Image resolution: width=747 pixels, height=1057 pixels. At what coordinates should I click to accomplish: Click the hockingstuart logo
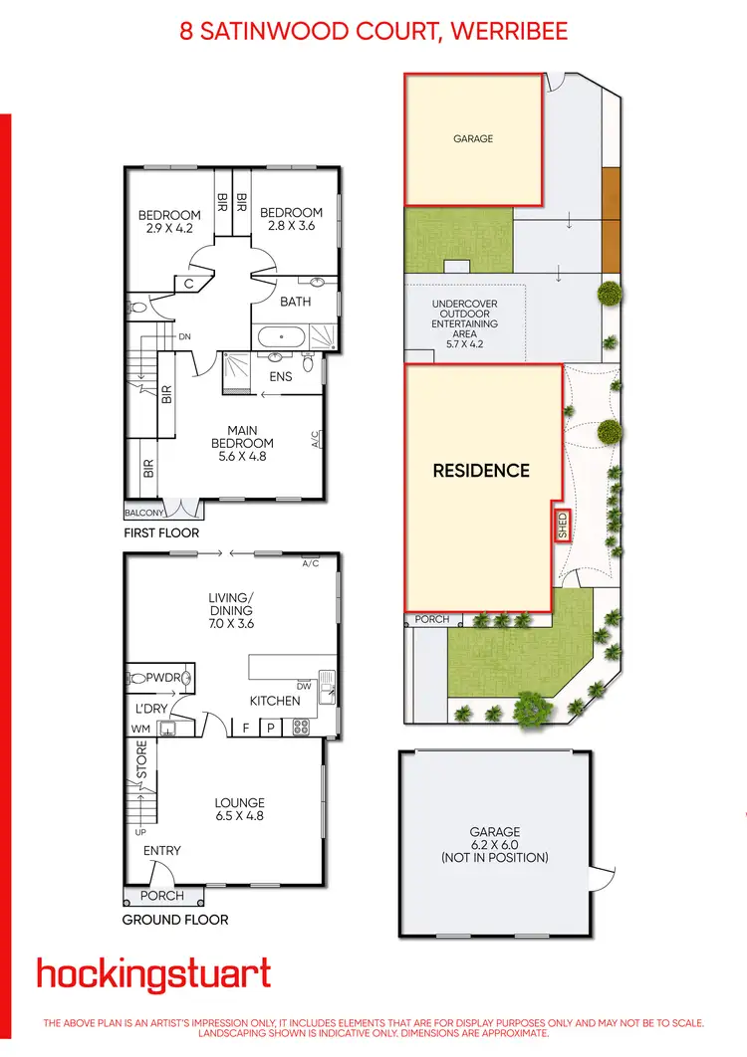(153, 974)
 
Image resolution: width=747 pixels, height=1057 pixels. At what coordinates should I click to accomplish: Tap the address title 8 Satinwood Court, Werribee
(373, 31)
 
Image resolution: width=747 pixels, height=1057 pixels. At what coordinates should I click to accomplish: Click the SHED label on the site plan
(563, 523)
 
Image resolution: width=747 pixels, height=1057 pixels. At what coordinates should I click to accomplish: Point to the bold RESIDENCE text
(481, 471)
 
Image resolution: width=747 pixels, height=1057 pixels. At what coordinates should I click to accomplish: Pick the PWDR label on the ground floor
(162, 678)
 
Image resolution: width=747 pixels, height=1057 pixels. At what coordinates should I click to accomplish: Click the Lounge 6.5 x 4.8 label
(240, 809)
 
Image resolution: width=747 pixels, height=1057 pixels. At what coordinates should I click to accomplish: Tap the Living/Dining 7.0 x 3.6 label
(230, 610)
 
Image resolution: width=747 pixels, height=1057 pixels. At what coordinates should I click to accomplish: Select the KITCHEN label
(275, 701)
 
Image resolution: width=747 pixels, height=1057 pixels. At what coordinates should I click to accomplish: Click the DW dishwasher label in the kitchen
(304, 686)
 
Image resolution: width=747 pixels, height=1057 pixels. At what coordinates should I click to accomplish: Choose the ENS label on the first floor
(282, 376)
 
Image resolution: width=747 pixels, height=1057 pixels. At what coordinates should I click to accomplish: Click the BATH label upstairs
(296, 302)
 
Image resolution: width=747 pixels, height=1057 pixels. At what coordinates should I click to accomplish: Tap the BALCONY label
(143, 514)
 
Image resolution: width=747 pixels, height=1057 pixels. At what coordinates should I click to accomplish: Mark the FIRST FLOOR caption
(161, 533)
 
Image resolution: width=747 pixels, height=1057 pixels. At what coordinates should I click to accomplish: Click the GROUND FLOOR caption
(175, 920)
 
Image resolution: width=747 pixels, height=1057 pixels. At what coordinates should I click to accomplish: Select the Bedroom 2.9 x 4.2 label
(168, 220)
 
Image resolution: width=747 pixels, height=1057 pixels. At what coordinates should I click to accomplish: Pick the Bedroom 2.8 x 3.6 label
(291, 219)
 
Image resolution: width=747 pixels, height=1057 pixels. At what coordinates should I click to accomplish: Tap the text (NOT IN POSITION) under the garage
(495, 857)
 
